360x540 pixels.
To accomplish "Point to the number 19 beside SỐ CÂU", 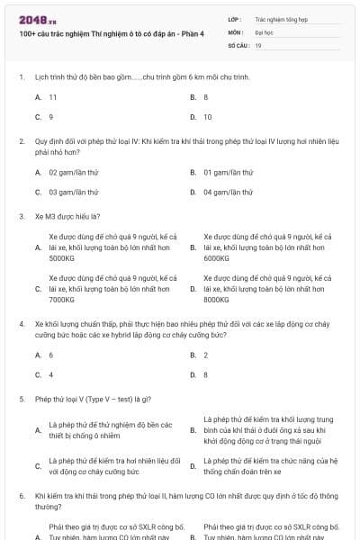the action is [x=259, y=44].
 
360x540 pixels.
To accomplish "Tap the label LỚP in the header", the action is [x=236, y=18].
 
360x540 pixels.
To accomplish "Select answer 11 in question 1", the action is [x=53, y=96].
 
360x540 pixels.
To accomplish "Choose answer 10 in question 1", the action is [x=208, y=117].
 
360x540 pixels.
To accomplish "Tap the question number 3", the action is [x=21, y=216].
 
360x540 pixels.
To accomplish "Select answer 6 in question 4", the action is [x=51, y=355].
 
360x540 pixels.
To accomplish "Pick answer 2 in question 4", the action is [x=206, y=355].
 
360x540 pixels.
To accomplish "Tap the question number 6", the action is [x=21, y=495].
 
